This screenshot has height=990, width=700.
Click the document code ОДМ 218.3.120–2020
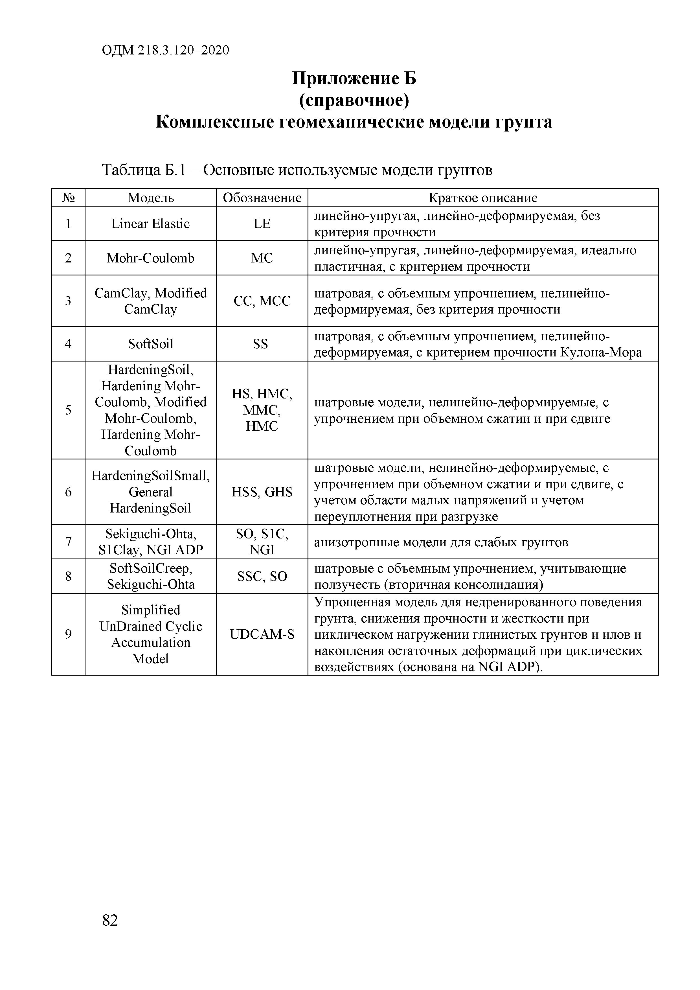coord(166,51)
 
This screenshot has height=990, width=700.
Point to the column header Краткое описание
coord(483,198)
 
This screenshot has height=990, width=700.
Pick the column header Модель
coord(151,198)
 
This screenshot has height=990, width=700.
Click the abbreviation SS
coord(260,344)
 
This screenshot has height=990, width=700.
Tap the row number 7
coord(68,542)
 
